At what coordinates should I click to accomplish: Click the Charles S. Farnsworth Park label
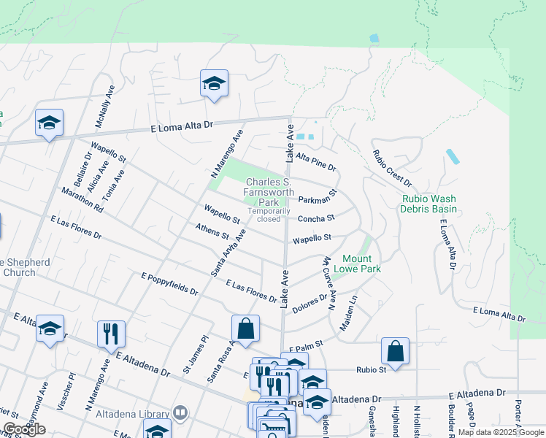(269, 191)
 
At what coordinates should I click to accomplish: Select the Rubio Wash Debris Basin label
(428, 204)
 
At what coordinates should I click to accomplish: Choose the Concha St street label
(315, 218)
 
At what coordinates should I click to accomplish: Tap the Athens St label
(212, 232)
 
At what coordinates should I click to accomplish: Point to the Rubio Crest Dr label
(392, 168)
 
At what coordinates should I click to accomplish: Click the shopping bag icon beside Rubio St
(395, 351)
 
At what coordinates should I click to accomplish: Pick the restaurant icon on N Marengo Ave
(111, 334)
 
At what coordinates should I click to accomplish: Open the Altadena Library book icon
(180, 414)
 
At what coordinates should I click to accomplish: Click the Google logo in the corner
(24, 429)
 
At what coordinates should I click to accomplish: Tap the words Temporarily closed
(264, 215)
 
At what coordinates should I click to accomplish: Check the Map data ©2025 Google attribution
(500, 432)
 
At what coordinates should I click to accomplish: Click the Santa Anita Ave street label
(228, 253)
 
